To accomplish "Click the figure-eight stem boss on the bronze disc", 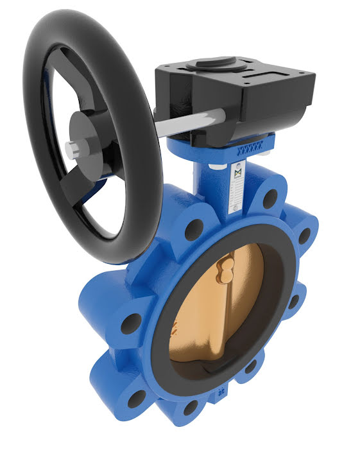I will click(227, 267).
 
